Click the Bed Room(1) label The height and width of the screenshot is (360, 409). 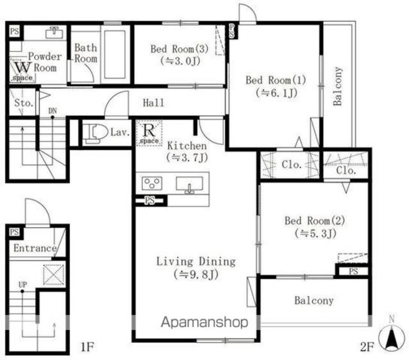[x=275, y=80]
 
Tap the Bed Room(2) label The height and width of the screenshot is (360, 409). [x=314, y=221]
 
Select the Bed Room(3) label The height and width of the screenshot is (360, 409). [x=180, y=49]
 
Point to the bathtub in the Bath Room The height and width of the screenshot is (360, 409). [x=115, y=54]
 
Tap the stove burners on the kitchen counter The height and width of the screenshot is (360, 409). [x=152, y=183]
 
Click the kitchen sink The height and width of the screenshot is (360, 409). [x=189, y=184]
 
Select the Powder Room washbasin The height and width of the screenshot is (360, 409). [x=54, y=33]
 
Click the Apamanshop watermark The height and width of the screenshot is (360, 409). [x=204, y=322]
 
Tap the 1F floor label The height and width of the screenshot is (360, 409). [x=87, y=347]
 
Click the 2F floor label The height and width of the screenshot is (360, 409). [x=367, y=347]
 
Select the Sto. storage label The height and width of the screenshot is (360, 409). [x=24, y=103]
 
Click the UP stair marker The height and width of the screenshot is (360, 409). [x=23, y=285]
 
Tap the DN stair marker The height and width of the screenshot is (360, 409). [x=52, y=111]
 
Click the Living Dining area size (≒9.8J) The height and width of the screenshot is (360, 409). [x=196, y=274]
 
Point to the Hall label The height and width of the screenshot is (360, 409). [x=153, y=103]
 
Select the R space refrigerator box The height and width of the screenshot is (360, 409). [x=149, y=133]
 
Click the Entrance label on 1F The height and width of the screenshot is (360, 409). [x=35, y=248]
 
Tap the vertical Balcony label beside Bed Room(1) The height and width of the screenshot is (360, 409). [x=338, y=86]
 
